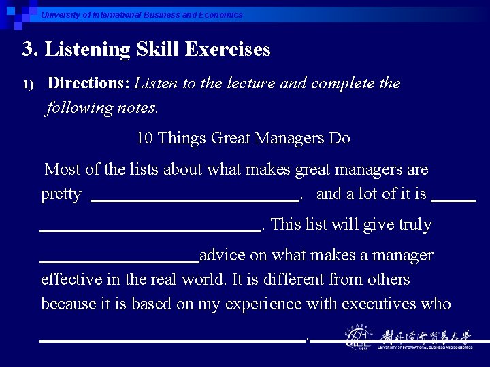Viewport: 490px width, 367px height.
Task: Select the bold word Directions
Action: click(88, 84)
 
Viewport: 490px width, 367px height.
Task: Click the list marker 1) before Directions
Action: click(28, 84)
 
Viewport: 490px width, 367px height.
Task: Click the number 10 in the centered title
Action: click(144, 139)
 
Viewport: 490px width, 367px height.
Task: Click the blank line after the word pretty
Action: click(195, 200)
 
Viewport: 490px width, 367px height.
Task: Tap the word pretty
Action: click(61, 194)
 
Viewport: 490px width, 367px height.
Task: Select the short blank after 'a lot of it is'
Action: click(453, 200)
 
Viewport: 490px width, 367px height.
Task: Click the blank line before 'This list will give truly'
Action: click(150, 230)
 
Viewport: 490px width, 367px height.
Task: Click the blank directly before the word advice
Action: click(120, 261)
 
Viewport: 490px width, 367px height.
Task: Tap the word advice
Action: click(224, 256)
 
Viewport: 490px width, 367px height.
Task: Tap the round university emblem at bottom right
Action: click(358, 338)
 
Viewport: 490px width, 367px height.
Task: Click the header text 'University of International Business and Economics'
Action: click(141, 15)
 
